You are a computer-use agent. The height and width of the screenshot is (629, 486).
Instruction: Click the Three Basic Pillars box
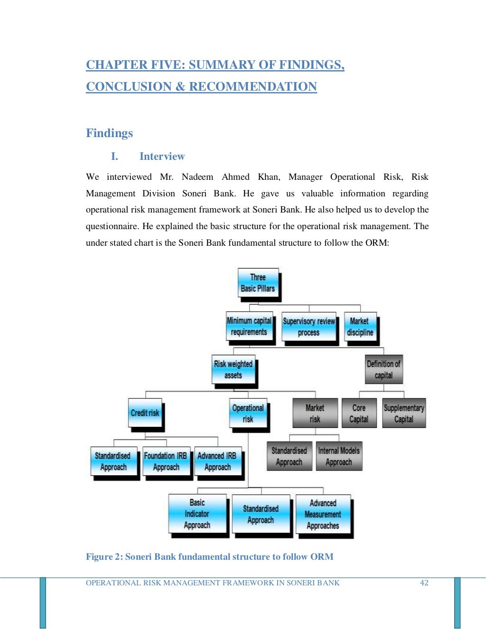[258, 283]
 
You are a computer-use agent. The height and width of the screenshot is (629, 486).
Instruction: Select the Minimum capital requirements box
[249, 326]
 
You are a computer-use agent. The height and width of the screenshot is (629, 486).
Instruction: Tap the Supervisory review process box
[309, 327]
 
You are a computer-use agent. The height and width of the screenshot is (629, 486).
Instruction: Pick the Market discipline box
[360, 327]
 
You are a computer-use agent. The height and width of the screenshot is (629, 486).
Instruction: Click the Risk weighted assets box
[233, 370]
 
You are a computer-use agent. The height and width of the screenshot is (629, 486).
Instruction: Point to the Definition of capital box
[383, 370]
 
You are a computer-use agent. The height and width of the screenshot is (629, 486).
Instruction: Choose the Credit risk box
[145, 413]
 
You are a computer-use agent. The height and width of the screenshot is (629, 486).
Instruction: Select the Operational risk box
[248, 413]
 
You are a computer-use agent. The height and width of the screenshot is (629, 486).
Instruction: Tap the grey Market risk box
[315, 414]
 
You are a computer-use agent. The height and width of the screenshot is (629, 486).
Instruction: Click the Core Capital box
[359, 414]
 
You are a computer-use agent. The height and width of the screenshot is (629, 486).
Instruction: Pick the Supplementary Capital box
[404, 414]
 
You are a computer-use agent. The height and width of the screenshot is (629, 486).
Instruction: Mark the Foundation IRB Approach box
[166, 461]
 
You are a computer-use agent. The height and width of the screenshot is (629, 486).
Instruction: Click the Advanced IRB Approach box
[217, 461]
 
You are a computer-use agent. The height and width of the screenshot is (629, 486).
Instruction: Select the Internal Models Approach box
[339, 456]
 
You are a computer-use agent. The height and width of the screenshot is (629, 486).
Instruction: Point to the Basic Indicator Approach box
[197, 514]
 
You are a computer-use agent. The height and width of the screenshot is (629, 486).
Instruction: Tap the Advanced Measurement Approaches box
[323, 514]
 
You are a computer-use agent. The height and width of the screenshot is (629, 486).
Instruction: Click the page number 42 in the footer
[424, 583]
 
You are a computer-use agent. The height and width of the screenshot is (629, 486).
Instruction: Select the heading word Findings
[109, 133]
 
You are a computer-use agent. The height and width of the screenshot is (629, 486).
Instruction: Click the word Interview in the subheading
[162, 157]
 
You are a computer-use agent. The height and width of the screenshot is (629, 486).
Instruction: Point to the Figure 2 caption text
[209, 556]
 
